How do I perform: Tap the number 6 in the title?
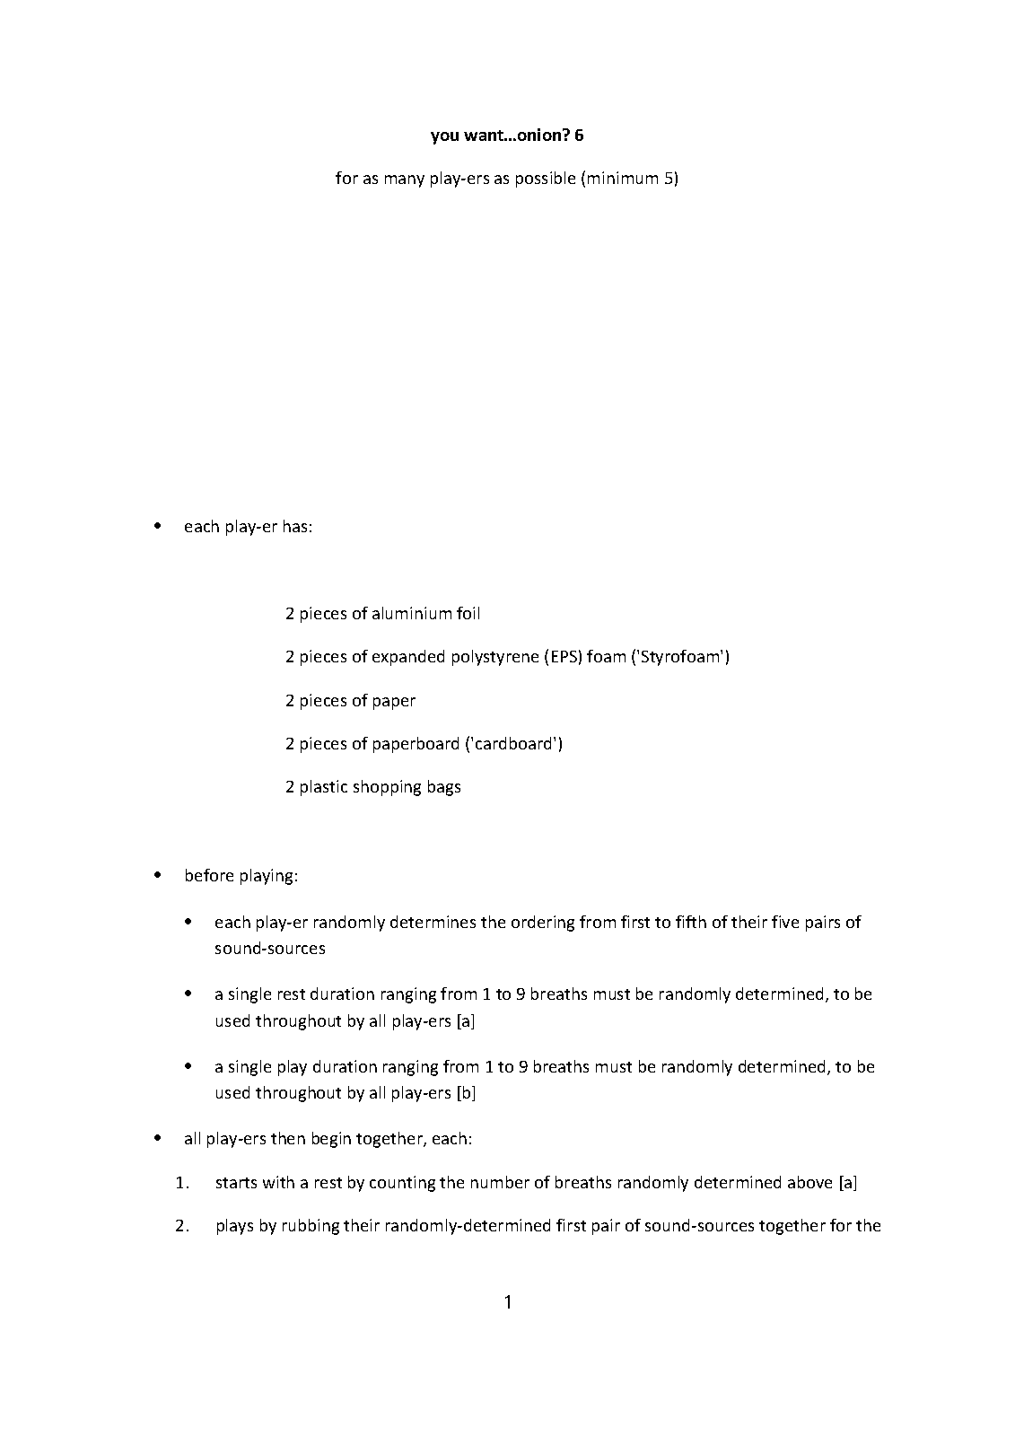point(579,136)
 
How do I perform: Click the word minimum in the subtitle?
point(623,179)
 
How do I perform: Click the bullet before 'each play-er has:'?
point(158,526)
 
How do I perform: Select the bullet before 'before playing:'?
point(158,875)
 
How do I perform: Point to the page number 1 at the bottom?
point(508,1302)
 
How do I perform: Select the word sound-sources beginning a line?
point(269,949)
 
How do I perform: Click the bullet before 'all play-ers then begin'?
point(158,1139)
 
